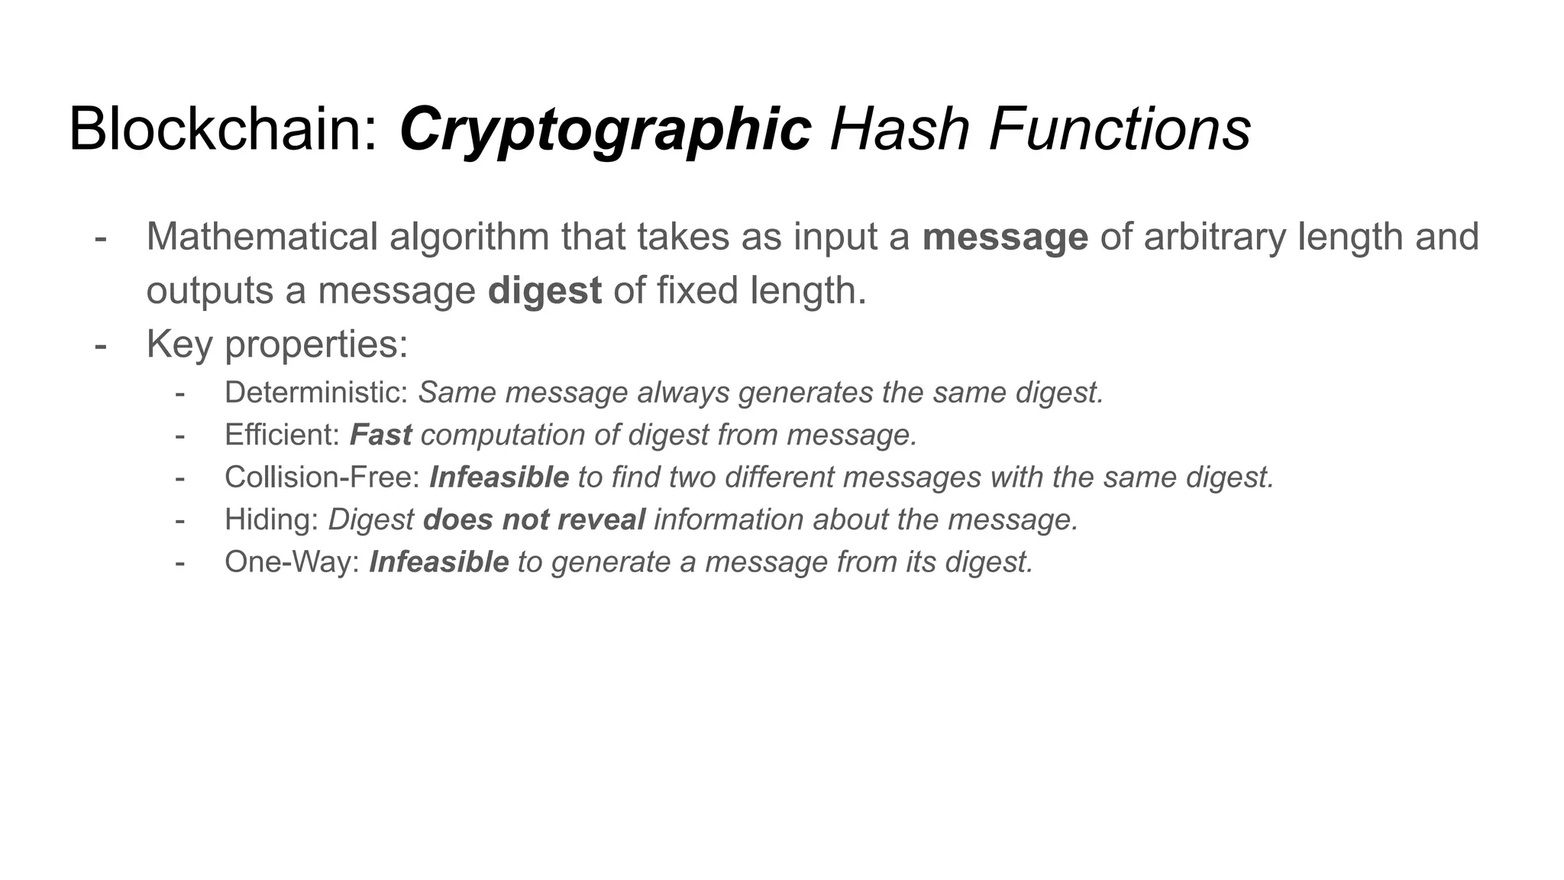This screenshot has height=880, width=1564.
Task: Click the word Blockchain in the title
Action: coord(221,130)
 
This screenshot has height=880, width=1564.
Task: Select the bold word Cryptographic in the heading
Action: coord(605,130)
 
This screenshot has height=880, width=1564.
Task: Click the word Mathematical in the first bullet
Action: coord(262,237)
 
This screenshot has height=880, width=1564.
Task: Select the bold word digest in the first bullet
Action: coord(544,291)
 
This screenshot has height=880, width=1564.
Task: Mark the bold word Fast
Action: coord(380,435)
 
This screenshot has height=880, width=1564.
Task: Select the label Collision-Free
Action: coord(322,477)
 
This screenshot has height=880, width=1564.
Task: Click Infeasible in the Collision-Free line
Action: coord(499,477)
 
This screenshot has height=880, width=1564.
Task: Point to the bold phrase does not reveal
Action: coord(534,520)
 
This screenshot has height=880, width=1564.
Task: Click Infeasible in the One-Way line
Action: coord(438,562)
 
